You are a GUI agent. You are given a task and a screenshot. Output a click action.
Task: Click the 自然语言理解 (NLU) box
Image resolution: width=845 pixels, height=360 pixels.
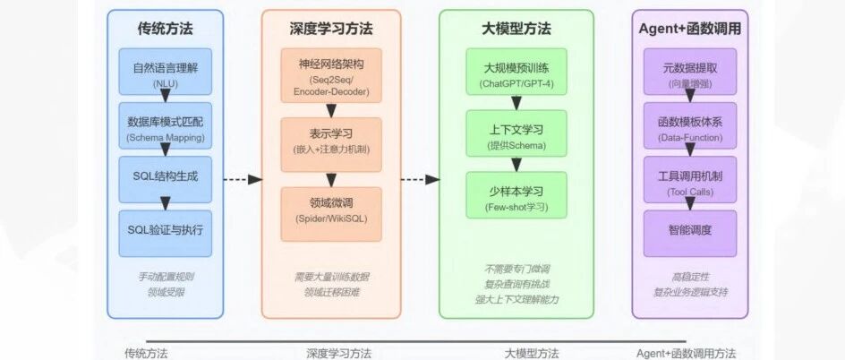point(166,72)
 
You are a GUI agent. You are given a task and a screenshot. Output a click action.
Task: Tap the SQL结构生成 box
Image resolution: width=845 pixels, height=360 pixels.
point(166,179)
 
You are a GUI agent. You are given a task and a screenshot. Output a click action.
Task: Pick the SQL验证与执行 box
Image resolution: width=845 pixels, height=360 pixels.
point(166,234)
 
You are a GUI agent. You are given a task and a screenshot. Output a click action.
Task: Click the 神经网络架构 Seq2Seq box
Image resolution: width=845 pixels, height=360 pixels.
point(331,75)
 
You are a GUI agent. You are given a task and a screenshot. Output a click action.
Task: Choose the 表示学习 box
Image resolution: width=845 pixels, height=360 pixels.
point(331,145)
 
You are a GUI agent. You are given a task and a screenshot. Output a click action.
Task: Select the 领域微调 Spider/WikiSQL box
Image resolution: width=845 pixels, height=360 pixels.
point(331,214)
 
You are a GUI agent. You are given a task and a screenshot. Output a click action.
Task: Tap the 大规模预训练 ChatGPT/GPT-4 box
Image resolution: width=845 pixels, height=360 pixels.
point(516,72)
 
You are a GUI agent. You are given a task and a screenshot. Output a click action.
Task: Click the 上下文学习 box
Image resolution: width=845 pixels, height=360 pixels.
point(516,133)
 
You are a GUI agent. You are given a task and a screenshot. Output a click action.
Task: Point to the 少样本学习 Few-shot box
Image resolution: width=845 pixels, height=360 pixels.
point(516,195)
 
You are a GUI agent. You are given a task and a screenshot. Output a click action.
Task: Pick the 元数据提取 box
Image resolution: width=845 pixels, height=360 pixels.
point(690,72)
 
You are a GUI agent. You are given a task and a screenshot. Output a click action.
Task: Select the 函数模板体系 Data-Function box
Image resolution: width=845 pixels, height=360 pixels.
point(690,125)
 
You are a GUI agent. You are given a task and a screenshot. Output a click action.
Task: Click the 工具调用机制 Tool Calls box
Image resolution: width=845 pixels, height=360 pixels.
point(690,179)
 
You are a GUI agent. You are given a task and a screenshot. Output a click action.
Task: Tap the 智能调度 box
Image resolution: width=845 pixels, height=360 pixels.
point(690,234)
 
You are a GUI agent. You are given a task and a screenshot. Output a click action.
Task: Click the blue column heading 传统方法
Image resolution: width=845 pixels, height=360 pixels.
point(166,29)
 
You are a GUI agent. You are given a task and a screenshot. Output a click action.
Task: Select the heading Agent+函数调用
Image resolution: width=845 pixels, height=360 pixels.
point(690,29)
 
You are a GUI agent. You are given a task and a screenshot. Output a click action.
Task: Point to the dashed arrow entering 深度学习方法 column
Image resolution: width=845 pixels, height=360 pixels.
point(243,179)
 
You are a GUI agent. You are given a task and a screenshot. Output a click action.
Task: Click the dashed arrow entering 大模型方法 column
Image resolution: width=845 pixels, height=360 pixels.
point(421,179)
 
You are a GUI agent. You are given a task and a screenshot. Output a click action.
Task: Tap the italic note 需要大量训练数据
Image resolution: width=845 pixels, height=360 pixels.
point(331,277)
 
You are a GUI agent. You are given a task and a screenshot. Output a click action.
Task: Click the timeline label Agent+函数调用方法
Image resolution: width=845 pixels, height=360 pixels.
point(686,354)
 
